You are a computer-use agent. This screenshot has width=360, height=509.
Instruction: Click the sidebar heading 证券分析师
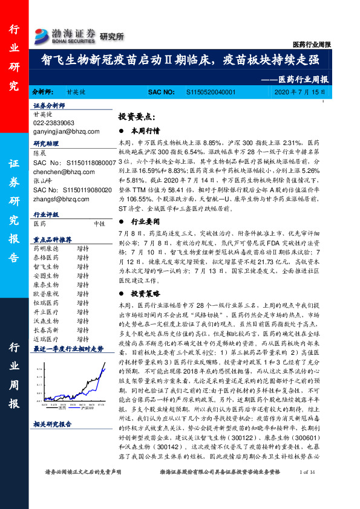tap(48, 105)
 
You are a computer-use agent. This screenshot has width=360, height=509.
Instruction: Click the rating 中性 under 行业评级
tap(99, 223)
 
